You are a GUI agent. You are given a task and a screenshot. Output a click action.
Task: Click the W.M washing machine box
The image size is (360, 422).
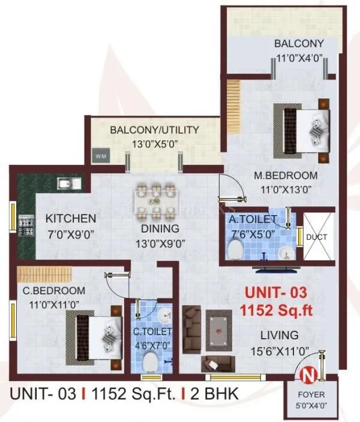coord(100,156)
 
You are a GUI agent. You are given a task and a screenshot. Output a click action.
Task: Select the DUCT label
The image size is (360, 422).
coord(316,237)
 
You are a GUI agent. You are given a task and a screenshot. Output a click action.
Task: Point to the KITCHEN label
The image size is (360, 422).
coord(71,218)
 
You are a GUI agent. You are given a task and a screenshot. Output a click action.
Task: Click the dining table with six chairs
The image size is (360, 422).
coord(157,200)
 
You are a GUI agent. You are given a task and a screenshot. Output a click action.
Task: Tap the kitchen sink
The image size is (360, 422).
coord(64,183)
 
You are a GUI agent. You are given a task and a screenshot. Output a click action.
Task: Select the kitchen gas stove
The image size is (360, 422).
coord(26,227)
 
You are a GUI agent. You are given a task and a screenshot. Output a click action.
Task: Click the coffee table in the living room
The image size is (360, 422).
coord(217,330)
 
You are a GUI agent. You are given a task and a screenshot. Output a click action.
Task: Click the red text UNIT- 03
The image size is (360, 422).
coord(274,293)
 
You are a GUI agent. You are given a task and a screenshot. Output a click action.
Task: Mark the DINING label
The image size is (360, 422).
coord(160,229)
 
